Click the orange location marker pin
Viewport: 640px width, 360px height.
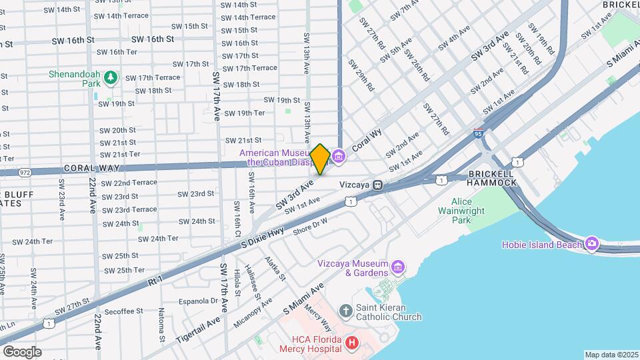tap(320, 159)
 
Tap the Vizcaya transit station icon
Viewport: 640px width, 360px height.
tap(377, 185)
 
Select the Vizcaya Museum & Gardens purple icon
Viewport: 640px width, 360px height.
tap(398, 267)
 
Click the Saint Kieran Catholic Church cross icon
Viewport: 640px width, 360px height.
tap(345, 311)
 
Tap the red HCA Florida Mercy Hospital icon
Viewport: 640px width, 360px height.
tap(353, 345)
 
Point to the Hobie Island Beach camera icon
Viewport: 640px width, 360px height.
tap(592, 244)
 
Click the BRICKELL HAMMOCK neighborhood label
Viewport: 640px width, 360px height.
tap(491, 177)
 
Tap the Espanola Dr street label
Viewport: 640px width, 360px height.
tap(195, 301)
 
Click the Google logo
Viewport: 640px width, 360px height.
tap(22, 351)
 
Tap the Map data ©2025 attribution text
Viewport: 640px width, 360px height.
tap(611, 355)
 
